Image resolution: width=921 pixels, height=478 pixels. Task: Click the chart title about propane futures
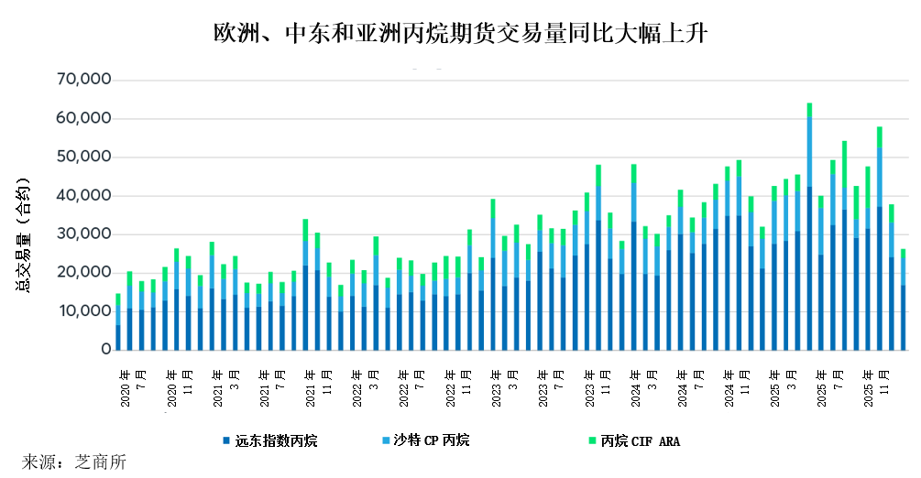pyautogui.click(x=460, y=34)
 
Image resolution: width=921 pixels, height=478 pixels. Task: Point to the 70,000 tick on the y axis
pyautogui.click(x=83, y=81)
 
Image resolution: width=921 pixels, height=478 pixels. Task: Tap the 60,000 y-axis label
pyautogui.click(x=83, y=119)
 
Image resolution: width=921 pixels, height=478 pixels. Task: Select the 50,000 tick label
pyautogui.click(x=83, y=158)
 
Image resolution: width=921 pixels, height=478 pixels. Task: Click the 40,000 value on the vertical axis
pyautogui.click(x=83, y=196)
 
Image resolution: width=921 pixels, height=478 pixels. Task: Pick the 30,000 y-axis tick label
pyautogui.click(x=83, y=234)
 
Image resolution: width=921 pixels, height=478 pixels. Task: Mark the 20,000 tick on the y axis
pyautogui.click(x=83, y=273)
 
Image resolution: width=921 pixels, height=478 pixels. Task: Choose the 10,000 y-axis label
pyautogui.click(x=83, y=311)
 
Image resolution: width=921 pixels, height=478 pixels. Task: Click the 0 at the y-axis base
pyautogui.click(x=106, y=350)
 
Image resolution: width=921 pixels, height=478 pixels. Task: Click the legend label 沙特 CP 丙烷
pyautogui.click(x=431, y=440)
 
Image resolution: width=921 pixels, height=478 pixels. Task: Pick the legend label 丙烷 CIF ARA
pyautogui.click(x=641, y=441)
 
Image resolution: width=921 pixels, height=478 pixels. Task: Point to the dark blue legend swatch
pyautogui.click(x=225, y=441)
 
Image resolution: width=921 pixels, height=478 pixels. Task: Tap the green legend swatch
pyautogui.click(x=593, y=441)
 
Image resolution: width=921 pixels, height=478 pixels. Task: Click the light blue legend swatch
pyautogui.click(x=385, y=441)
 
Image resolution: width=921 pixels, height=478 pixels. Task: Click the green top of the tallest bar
pyautogui.click(x=809, y=110)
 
